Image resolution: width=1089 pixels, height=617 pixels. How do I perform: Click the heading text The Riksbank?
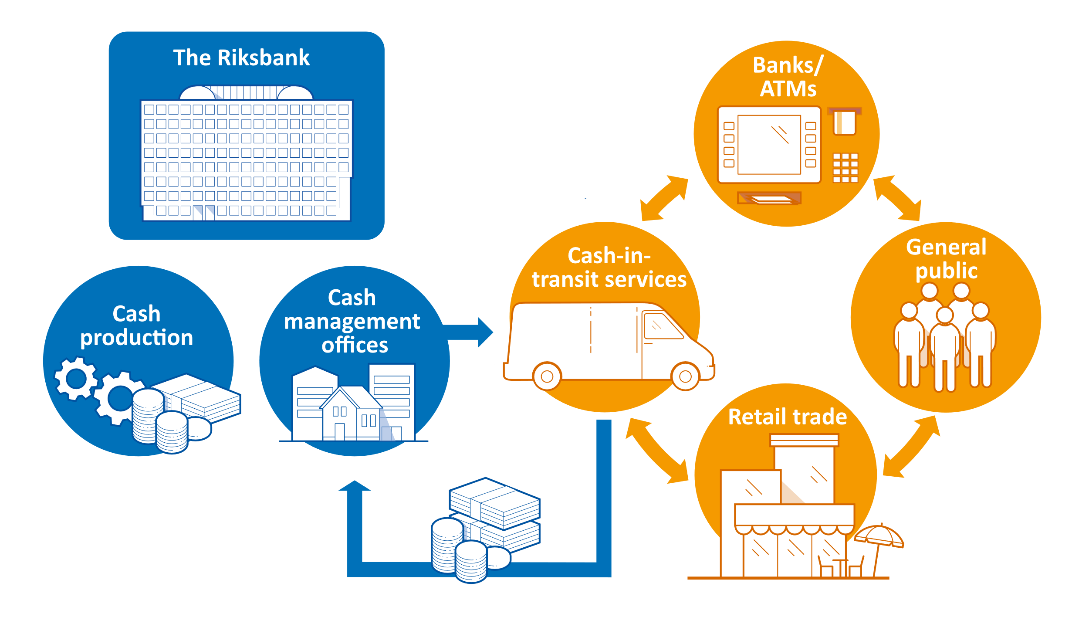click(241, 58)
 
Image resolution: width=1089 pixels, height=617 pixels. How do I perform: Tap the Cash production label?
click(136, 325)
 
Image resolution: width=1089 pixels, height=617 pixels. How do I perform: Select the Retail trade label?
click(788, 417)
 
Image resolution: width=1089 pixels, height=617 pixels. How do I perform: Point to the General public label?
click(946, 259)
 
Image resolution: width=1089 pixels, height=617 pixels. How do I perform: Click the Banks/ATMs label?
click(788, 77)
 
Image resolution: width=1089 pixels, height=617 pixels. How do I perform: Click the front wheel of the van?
click(685, 376)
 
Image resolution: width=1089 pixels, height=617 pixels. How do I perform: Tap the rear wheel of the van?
click(547, 376)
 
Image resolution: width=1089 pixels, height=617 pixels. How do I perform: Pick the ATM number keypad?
click(845, 168)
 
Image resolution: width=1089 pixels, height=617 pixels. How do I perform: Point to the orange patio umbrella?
click(880, 536)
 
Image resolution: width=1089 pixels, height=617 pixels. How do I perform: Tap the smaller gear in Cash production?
click(76, 378)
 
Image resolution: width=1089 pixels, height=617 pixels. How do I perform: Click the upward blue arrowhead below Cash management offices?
click(355, 487)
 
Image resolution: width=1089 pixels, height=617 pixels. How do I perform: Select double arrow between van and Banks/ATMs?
click(664, 198)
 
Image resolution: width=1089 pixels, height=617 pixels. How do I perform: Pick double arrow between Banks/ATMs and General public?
click(897, 198)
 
